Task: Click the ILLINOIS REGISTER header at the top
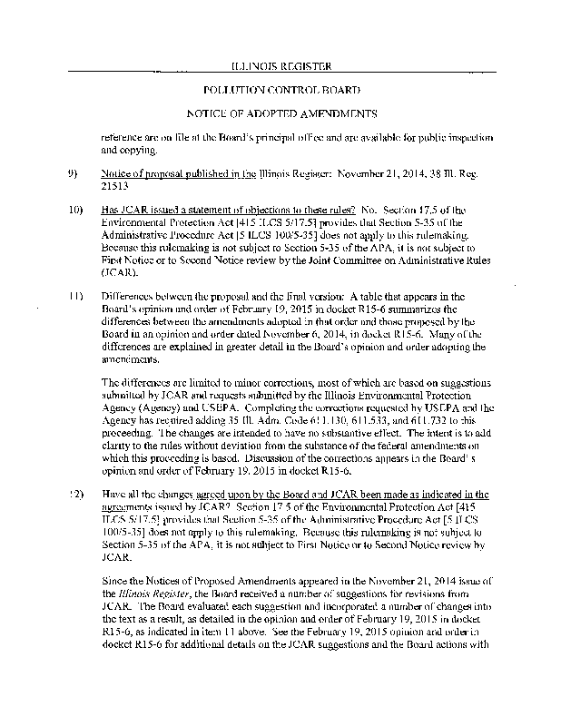tap(280, 66)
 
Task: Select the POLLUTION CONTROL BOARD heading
tap(280, 91)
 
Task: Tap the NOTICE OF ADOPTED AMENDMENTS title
tap(280, 115)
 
